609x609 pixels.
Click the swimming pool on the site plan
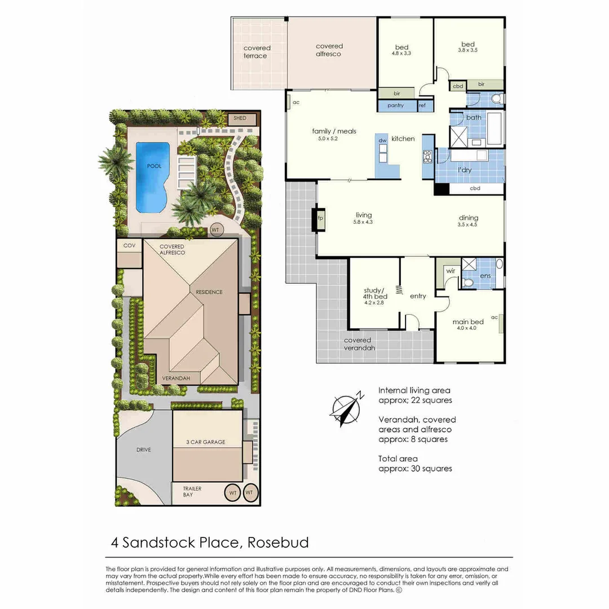[x=153, y=176]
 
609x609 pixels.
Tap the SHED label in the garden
[x=240, y=118]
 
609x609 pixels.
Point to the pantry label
[x=395, y=105]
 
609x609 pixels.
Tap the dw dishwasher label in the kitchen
[x=382, y=140]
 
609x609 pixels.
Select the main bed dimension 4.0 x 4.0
[x=467, y=328]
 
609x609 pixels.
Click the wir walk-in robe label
[x=451, y=271]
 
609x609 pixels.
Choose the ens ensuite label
[x=486, y=276]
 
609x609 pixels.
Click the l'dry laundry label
[x=465, y=170]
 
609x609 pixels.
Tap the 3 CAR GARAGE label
[x=205, y=442]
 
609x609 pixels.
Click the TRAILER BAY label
[x=192, y=491]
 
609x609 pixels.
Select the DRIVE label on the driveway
[x=144, y=450]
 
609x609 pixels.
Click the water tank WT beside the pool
[x=215, y=230]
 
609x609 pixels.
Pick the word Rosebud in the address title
[x=278, y=542]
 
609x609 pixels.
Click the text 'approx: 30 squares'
[x=415, y=469]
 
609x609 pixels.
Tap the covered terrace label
[x=257, y=52]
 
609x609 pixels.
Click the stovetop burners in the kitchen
[x=427, y=157]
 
